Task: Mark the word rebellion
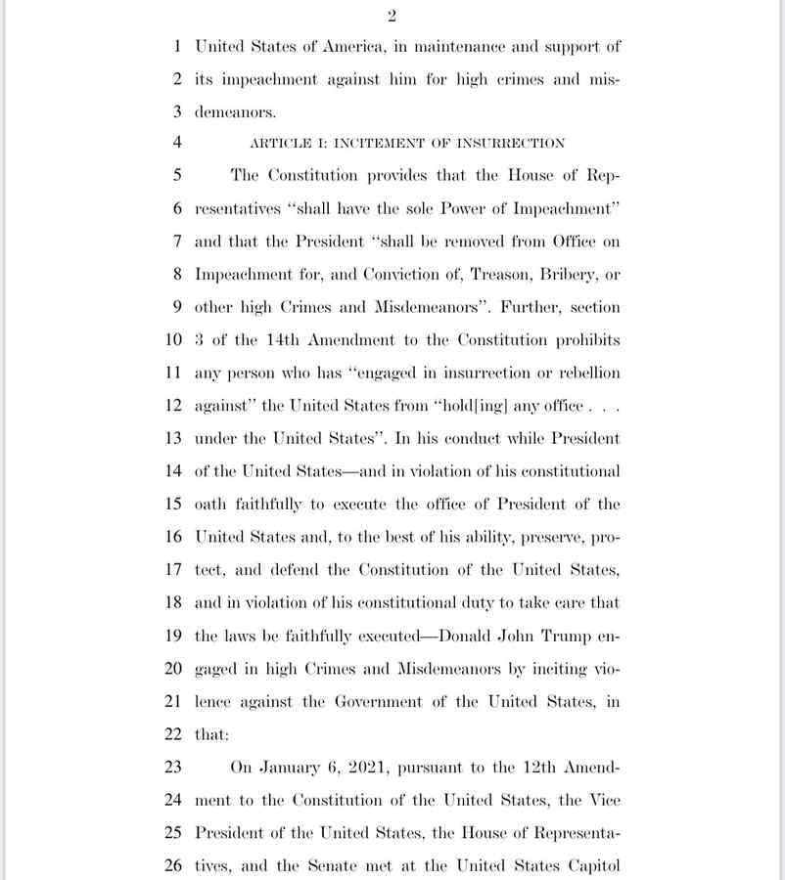tap(584, 373)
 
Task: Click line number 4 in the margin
tap(177, 143)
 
